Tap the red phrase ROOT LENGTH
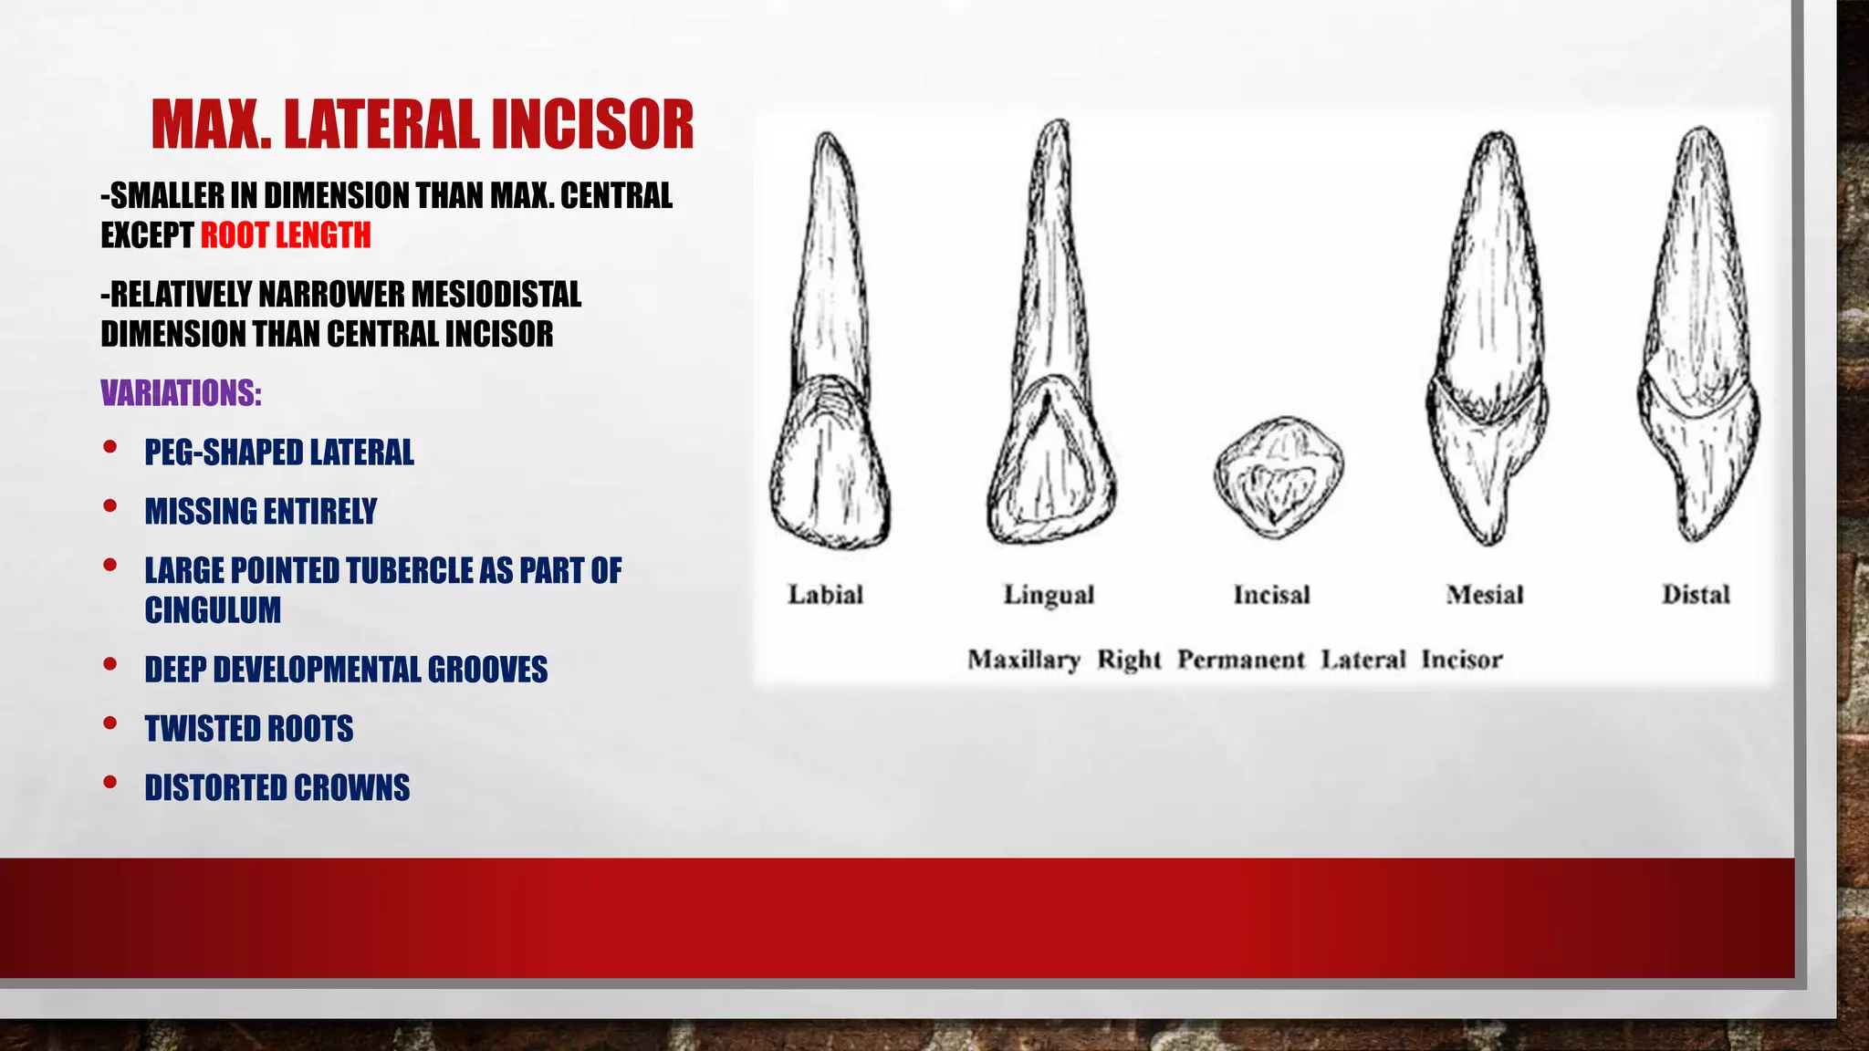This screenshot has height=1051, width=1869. click(x=286, y=235)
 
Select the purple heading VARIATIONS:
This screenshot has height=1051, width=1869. click(x=181, y=393)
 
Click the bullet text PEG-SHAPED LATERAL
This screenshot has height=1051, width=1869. click(x=279, y=453)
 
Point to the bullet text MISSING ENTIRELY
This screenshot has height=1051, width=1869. click(x=260, y=512)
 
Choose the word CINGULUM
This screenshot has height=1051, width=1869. click(x=213, y=610)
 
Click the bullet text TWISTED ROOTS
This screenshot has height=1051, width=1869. click(x=248, y=729)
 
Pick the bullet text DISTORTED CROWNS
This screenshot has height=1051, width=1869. click(x=277, y=788)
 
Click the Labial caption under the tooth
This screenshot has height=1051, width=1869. click(x=826, y=595)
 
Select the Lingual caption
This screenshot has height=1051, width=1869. click(x=1049, y=595)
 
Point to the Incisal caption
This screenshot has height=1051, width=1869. click(x=1271, y=595)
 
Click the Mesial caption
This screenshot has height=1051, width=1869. click(x=1485, y=595)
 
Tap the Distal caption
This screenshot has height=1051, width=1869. click(x=1696, y=595)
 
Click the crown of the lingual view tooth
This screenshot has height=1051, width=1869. click(x=1051, y=465)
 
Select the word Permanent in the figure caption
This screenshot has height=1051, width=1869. click(x=1240, y=660)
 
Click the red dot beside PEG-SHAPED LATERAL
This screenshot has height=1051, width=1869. click(x=110, y=447)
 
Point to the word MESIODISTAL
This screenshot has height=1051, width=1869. click(x=496, y=295)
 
